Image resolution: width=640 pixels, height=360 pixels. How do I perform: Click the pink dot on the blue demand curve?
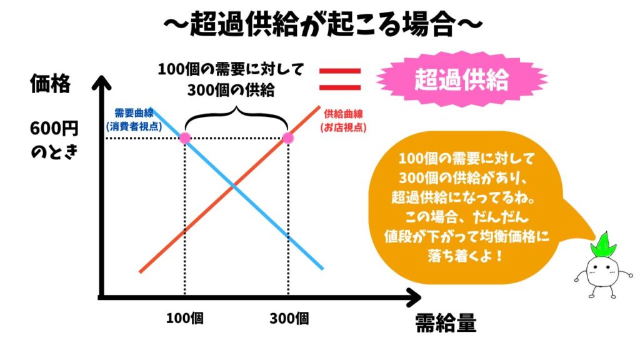(x=185, y=137)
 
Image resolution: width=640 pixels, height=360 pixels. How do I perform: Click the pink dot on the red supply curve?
(x=287, y=137)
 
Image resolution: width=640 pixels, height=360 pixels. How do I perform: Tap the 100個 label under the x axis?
(x=185, y=318)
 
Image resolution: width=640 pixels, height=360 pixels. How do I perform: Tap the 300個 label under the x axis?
(x=289, y=318)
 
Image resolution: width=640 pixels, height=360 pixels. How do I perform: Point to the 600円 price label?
(x=54, y=129)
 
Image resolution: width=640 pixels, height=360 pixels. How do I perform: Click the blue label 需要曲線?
(x=134, y=113)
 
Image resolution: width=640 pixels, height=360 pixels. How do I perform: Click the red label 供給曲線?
(x=343, y=114)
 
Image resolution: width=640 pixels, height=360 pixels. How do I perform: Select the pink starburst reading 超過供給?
(x=462, y=80)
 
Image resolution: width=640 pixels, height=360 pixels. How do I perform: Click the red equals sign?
(x=340, y=79)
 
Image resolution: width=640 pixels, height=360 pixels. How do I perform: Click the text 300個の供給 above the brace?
(x=231, y=90)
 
